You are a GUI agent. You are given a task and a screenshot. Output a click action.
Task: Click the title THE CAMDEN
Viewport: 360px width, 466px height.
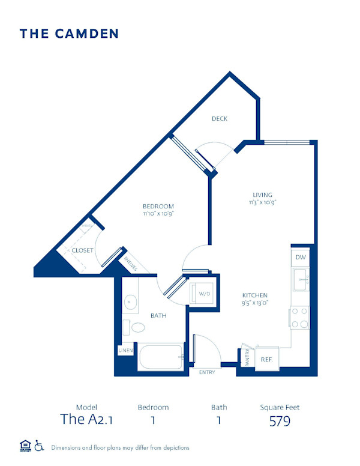(x=69, y=34)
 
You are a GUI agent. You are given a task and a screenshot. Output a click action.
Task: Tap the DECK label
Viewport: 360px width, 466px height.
(x=220, y=119)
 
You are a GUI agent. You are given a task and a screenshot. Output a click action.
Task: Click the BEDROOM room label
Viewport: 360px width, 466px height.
(x=158, y=207)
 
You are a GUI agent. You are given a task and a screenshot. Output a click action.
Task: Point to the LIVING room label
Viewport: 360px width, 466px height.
(x=262, y=195)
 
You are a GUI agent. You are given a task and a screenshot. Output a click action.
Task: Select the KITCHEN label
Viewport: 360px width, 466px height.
(x=254, y=295)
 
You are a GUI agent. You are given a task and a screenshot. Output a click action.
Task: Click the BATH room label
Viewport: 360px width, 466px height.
(x=158, y=315)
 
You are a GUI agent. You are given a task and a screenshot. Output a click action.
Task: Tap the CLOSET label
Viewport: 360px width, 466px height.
(x=82, y=250)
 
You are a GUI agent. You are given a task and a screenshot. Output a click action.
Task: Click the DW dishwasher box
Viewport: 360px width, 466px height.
(x=301, y=256)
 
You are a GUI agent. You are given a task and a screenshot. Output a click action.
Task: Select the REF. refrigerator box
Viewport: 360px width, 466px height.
(x=267, y=359)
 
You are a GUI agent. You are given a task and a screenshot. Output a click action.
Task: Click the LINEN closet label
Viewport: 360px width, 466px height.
(x=125, y=350)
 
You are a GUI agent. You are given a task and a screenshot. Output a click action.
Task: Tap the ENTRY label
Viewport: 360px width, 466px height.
(x=207, y=373)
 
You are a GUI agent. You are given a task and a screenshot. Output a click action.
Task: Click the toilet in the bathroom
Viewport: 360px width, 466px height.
(x=137, y=328)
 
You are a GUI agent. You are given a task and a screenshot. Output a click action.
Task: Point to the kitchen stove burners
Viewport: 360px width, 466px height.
(x=300, y=318)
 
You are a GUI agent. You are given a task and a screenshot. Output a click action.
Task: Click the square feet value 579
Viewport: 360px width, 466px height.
(x=280, y=420)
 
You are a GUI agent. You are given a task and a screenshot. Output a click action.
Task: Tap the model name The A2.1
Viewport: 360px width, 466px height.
(x=86, y=420)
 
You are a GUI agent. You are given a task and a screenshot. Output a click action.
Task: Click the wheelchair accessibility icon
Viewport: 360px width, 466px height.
(x=40, y=446)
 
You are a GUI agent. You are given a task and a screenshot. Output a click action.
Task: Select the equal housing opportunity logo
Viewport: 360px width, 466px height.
(x=25, y=446)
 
